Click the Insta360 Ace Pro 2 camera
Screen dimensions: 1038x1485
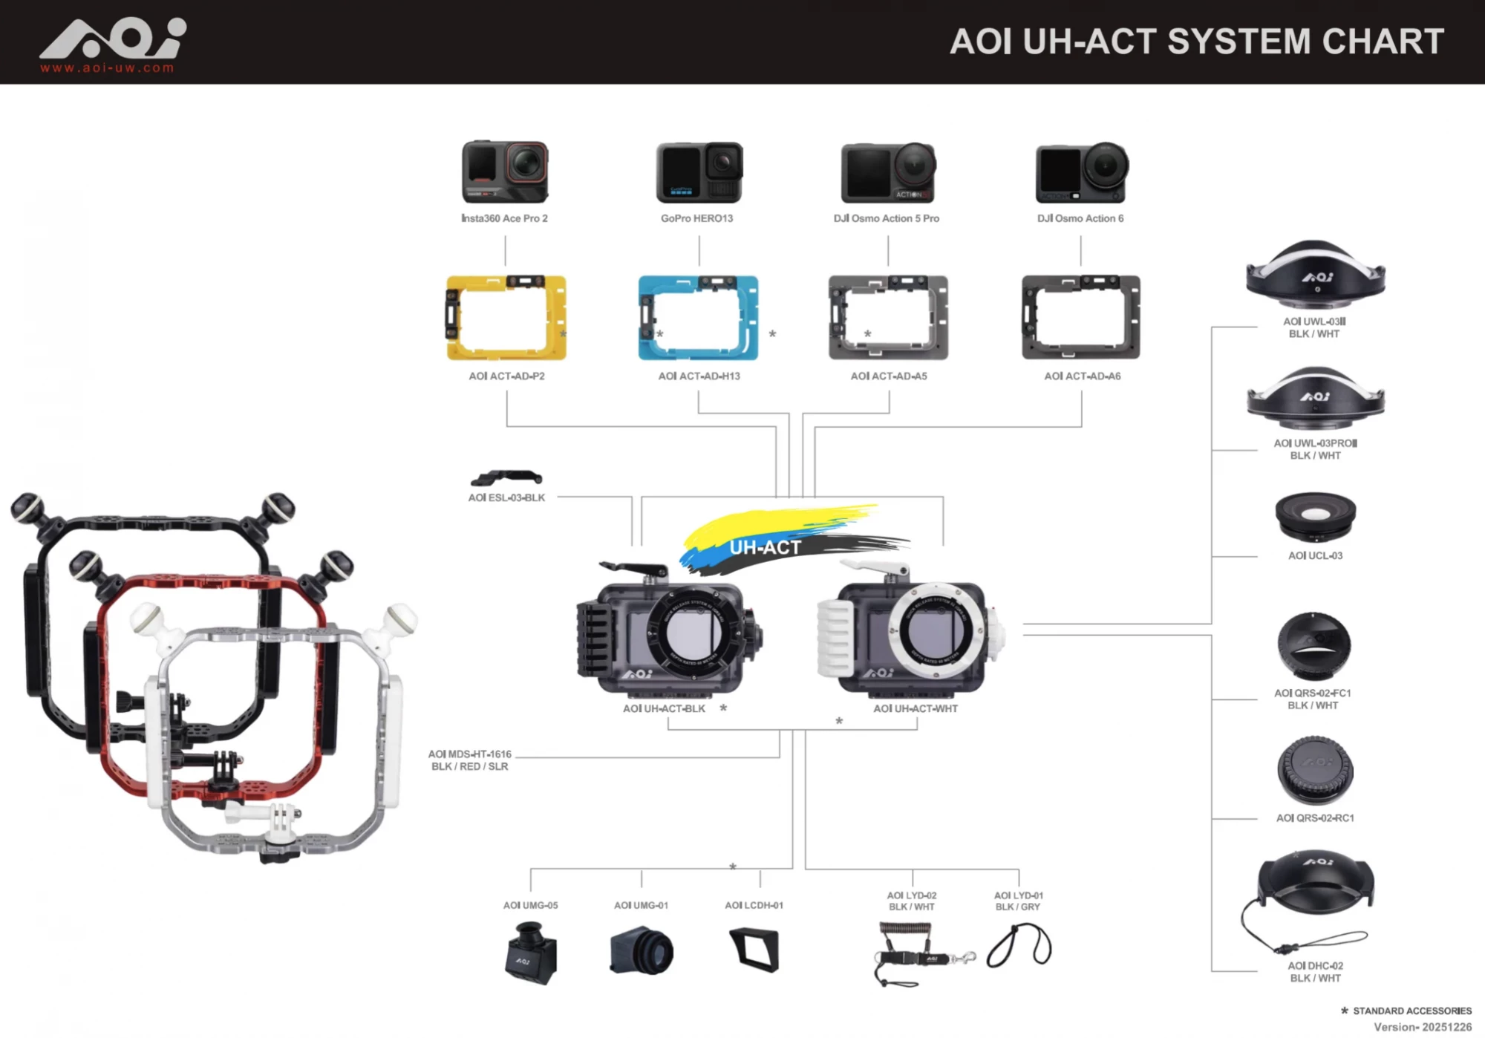tap(505, 172)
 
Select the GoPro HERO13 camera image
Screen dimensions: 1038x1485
tap(699, 172)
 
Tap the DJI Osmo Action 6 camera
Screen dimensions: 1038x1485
tap(1081, 173)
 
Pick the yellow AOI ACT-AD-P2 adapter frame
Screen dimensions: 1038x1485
tap(506, 318)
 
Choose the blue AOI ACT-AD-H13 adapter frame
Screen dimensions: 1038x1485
tap(698, 318)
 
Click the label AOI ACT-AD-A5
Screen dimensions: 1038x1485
tap(889, 376)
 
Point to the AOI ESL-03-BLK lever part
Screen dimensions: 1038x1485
tap(506, 477)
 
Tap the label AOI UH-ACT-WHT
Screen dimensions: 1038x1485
tap(916, 709)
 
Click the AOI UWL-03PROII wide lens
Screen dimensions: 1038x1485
tap(1315, 399)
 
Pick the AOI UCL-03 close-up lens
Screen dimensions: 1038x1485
tap(1315, 516)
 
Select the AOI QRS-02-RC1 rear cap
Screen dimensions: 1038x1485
tap(1315, 771)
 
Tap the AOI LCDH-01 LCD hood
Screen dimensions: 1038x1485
tap(755, 950)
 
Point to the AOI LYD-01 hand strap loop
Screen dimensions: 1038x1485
tap(1019, 947)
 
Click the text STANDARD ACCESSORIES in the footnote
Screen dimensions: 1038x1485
tap(1411, 1011)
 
